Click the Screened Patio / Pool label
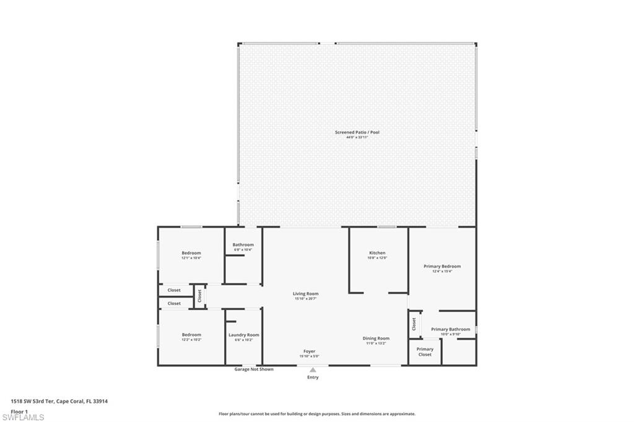click(357, 132)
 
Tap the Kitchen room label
click(377, 253)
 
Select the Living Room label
click(306, 294)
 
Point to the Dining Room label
click(376, 338)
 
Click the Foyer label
click(309, 351)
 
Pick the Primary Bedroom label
click(442, 267)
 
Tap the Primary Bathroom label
click(450, 329)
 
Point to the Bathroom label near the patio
click(243, 245)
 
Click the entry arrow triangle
click(313, 370)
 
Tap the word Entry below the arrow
click(313, 377)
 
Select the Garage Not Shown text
click(253, 369)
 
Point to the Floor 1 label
click(19, 411)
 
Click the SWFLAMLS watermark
click(24, 418)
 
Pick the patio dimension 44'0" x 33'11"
click(357, 137)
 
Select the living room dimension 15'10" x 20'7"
click(306, 299)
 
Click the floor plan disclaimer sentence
click(317, 414)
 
